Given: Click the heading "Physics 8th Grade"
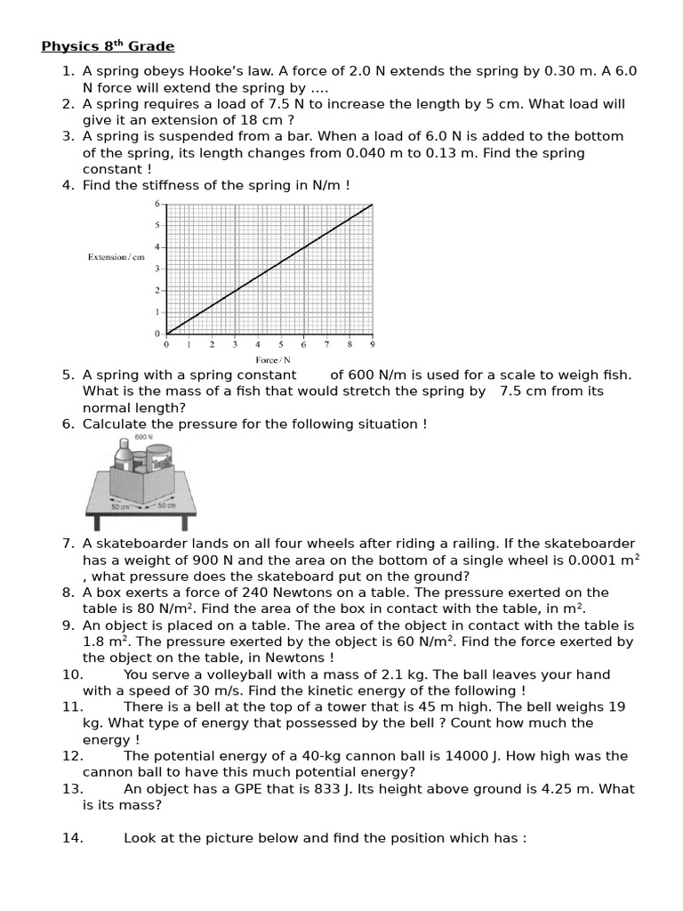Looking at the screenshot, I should [108, 46].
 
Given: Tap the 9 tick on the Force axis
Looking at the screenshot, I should [372, 343].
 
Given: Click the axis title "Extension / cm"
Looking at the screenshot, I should [116, 257].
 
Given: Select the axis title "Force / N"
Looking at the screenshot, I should [267, 360].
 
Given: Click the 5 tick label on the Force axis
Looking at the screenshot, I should [281, 343].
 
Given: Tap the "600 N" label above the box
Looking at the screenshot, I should [143, 438].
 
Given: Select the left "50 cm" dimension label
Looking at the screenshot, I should [120, 507].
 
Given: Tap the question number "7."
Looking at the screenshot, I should [68, 544].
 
